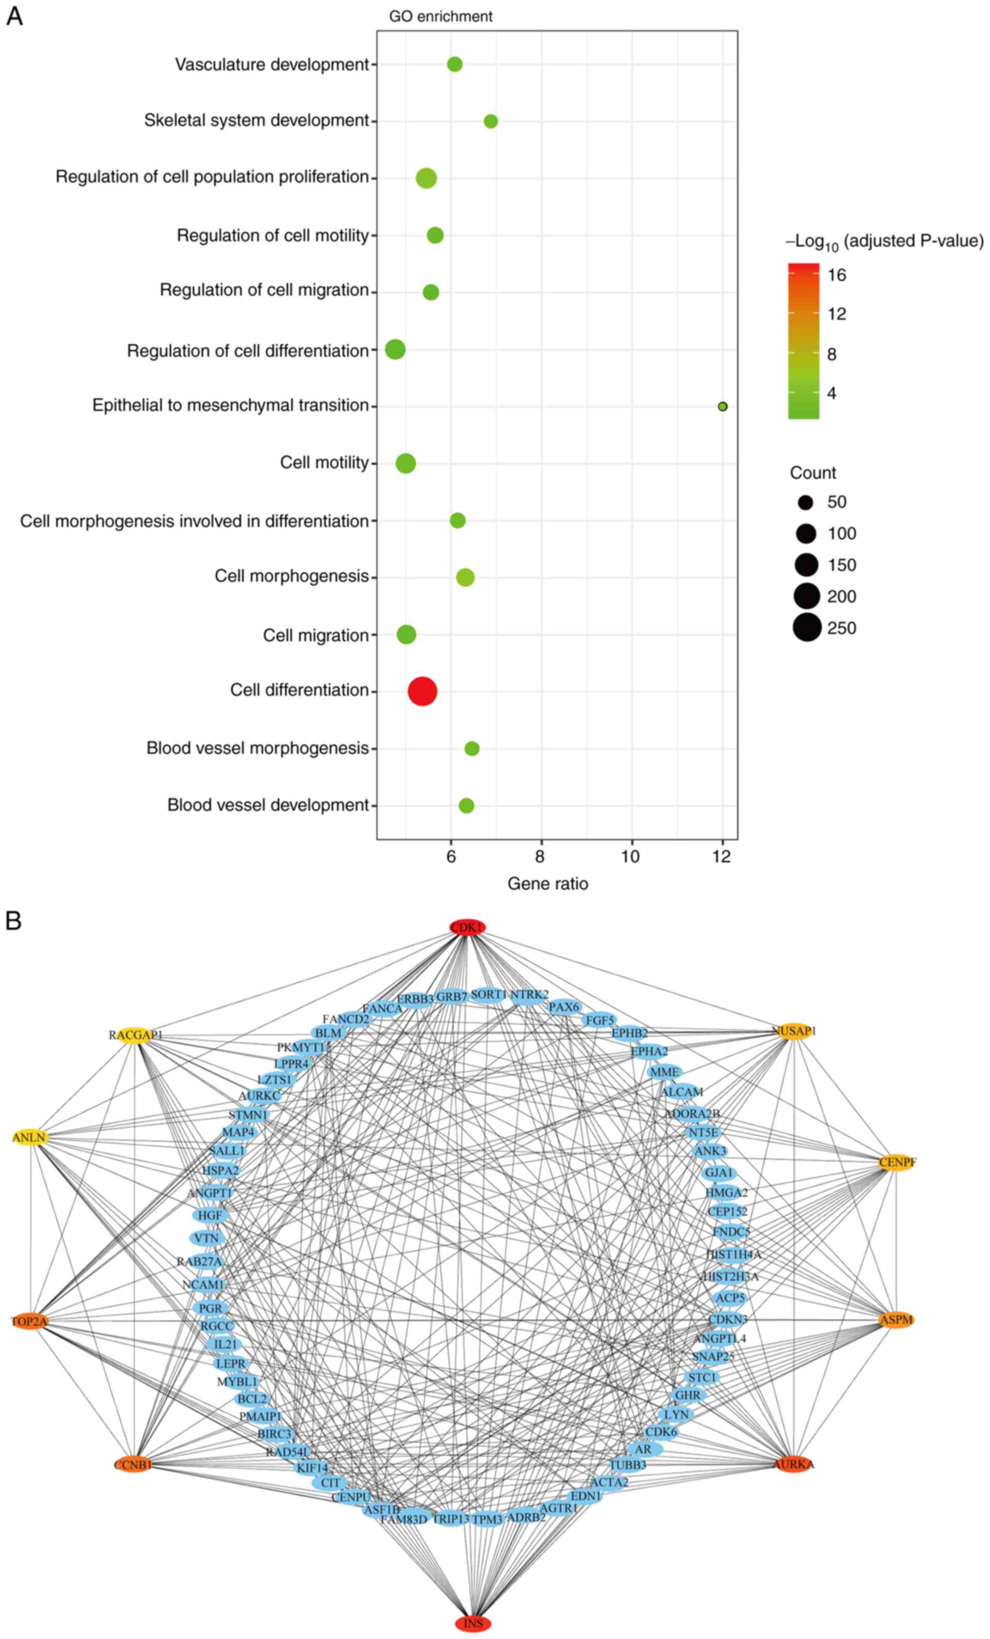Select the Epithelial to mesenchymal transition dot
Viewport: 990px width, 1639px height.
pos(722,406)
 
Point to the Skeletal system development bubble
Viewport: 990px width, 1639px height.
pos(491,121)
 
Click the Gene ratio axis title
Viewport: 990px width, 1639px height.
pos(548,883)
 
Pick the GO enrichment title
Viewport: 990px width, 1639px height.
pos(440,17)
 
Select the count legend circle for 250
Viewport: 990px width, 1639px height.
pos(807,628)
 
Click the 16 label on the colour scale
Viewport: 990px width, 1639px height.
pos(837,275)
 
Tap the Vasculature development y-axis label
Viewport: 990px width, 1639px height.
pos(272,65)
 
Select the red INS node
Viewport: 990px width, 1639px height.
pos(473,1623)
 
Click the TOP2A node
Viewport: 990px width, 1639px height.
pos(29,1322)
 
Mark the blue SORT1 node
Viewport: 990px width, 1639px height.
pos(489,995)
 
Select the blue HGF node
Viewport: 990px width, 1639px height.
pos(210,1215)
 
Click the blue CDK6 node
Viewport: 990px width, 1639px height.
pos(661,1431)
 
